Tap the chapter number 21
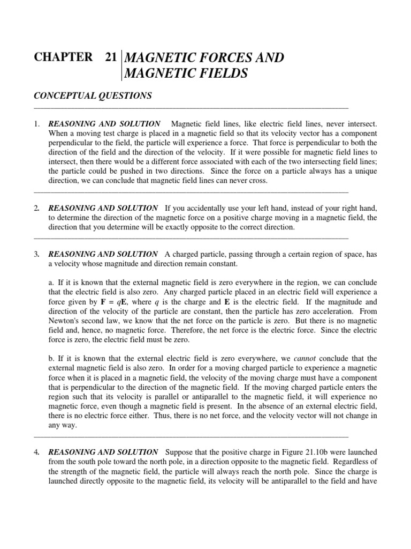coord(111,57)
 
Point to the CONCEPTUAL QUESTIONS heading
coord(93,96)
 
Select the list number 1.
coord(36,124)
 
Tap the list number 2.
coord(36,208)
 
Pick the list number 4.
coord(36,452)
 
